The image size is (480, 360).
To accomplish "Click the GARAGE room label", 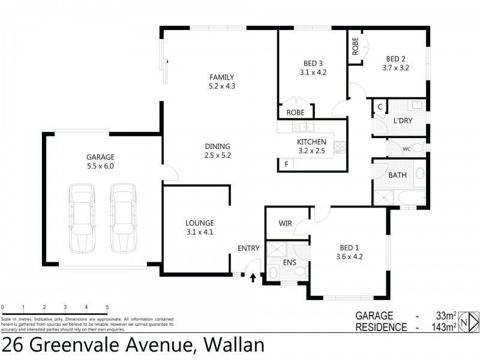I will click(x=100, y=157).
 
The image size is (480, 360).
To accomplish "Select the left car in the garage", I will click(x=82, y=219).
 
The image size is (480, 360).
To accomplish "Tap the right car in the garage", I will click(x=122, y=219).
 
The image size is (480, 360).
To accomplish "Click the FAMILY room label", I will click(x=221, y=77).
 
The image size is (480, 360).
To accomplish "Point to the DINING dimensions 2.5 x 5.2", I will click(x=217, y=155).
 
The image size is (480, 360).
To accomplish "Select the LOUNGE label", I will click(x=199, y=223).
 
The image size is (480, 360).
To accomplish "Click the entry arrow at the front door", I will click(x=253, y=277).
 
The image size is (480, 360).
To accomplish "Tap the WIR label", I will click(x=285, y=224).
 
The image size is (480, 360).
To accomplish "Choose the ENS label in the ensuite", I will click(x=290, y=262).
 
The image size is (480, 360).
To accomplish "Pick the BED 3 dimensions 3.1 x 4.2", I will click(x=313, y=73).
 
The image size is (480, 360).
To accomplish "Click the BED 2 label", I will click(x=395, y=59).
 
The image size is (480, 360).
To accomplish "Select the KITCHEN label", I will click(x=311, y=142).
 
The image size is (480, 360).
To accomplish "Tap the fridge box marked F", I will click(x=286, y=164).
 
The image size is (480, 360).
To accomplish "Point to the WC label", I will click(x=406, y=148).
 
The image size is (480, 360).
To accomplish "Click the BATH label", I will click(x=397, y=176).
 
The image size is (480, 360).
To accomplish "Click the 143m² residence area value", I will click(x=446, y=327).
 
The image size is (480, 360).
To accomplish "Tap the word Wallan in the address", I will click(x=234, y=346).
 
